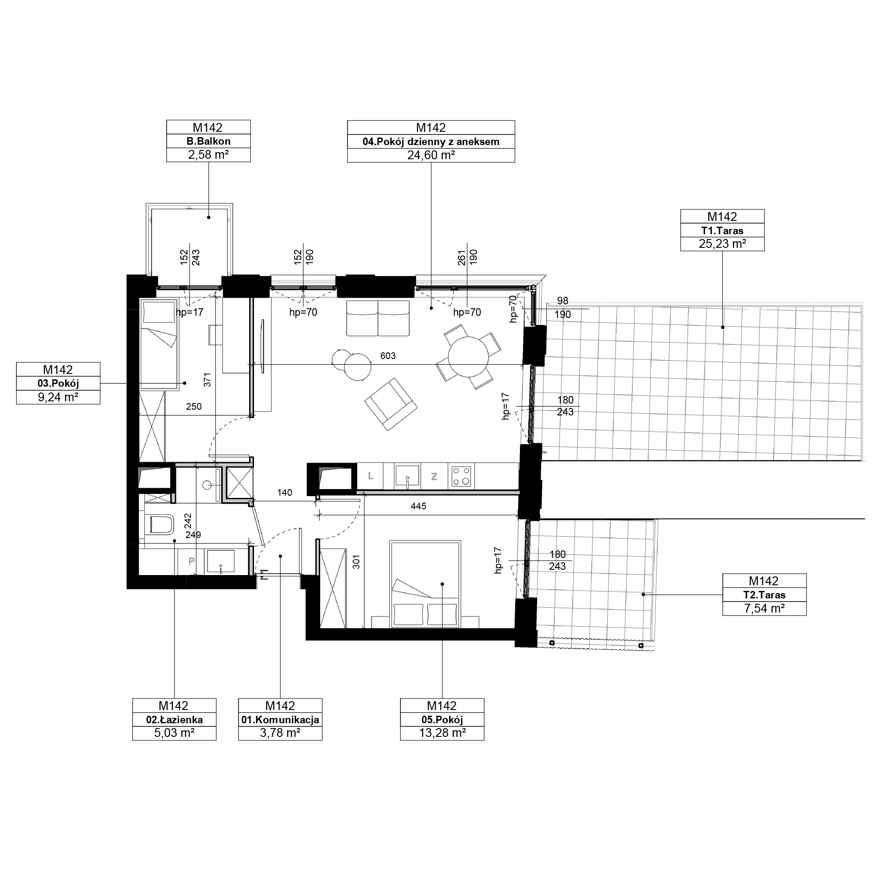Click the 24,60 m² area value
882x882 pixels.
431,155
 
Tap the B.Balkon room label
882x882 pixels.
208,141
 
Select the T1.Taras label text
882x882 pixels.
722,231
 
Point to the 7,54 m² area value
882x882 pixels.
764,609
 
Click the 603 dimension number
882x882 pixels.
388,355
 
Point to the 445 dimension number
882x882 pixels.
418,506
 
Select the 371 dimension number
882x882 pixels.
207,380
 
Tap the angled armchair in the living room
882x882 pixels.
390,404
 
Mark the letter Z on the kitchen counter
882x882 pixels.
434,477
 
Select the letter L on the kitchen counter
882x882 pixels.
371,476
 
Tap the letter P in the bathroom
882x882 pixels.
192,561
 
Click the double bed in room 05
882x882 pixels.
425,584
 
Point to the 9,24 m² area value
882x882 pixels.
58,397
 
